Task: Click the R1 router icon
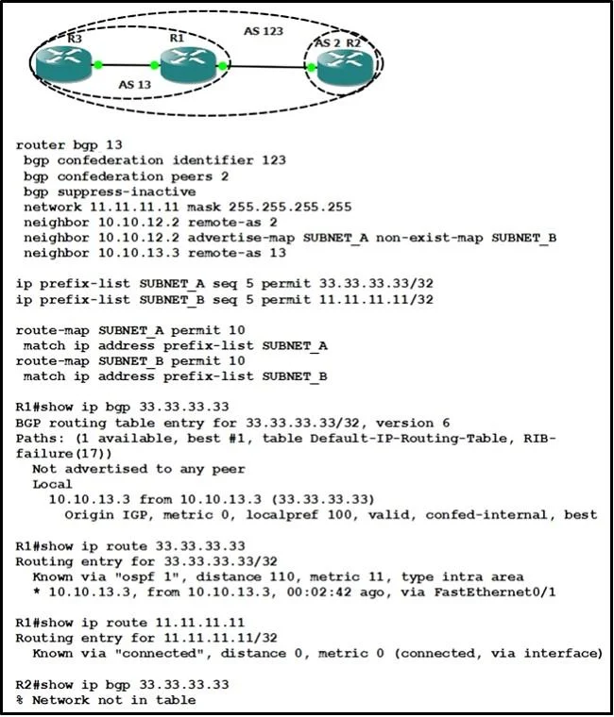pyautogui.click(x=188, y=64)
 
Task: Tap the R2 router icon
pyautogui.click(x=346, y=68)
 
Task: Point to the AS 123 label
pyautogui.click(x=264, y=31)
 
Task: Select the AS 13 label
pyautogui.click(x=135, y=85)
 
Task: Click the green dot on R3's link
pyautogui.click(x=97, y=65)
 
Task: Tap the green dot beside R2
pyautogui.click(x=312, y=68)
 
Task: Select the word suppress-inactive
pyautogui.click(x=127, y=192)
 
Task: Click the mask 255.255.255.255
pyautogui.click(x=269, y=208)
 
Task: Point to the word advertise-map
pyautogui.click(x=241, y=238)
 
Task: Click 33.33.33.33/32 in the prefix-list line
pyautogui.click(x=376, y=284)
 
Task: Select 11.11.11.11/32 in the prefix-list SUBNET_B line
pyautogui.click(x=376, y=299)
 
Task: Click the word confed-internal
pyautogui.click(x=486, y=515)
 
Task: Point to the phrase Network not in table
pyautogui.click(x=114, y=700)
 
